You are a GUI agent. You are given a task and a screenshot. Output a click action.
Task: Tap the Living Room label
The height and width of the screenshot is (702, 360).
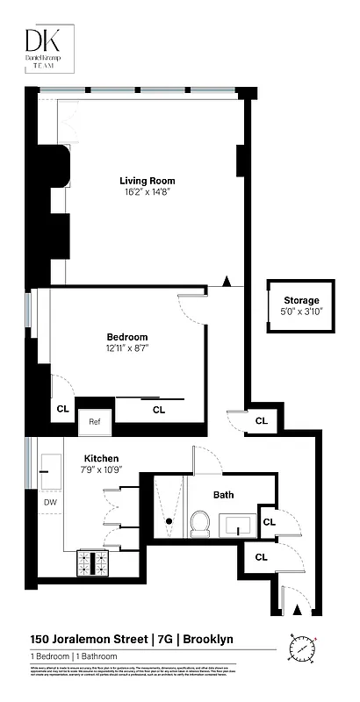144,181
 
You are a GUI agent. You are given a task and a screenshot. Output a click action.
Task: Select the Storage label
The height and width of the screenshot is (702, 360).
302,300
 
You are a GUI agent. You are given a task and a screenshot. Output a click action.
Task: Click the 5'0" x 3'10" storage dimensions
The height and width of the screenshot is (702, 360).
302,311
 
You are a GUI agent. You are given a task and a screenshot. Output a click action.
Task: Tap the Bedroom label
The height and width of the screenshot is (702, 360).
127,337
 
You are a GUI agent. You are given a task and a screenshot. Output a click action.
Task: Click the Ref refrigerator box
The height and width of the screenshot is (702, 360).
95,421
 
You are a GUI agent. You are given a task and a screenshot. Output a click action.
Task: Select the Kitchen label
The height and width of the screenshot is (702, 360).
101,458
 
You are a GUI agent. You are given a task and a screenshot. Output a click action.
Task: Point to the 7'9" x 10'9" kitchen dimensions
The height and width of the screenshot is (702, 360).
101,469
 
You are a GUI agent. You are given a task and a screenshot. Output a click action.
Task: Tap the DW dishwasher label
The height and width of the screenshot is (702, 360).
50,502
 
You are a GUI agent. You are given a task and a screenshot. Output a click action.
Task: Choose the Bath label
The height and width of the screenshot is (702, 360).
223,495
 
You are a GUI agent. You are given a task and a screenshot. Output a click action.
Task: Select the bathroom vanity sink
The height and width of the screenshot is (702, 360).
238,526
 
